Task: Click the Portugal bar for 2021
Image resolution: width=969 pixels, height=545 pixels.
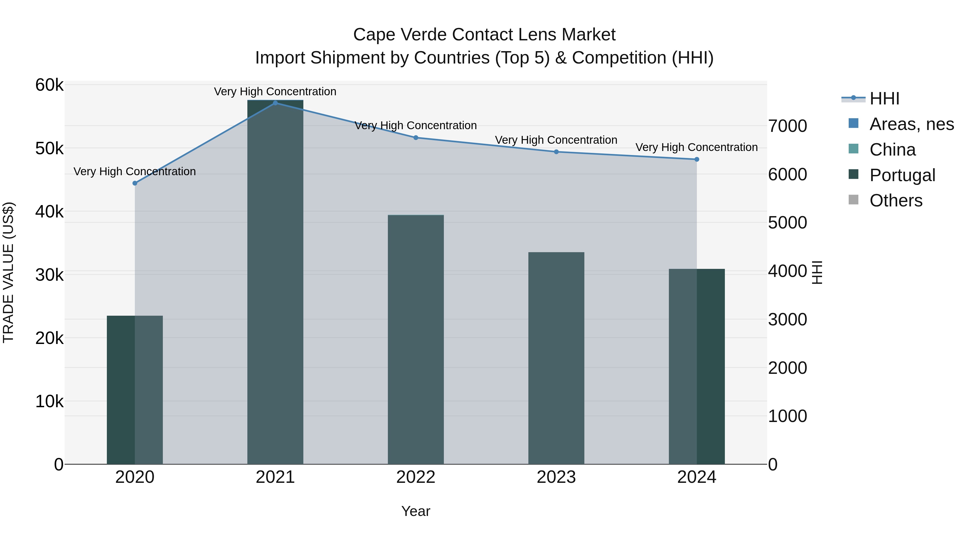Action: coord(275,282)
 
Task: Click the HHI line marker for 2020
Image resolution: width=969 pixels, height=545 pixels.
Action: coord(135,183)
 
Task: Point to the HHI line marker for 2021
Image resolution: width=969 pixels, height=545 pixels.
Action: coord(275,103)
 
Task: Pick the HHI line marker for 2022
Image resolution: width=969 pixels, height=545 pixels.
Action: coord(416,138)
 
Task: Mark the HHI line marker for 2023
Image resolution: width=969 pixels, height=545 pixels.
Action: coord(556,152)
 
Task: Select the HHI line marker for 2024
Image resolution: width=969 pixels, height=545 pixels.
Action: coord(696,160)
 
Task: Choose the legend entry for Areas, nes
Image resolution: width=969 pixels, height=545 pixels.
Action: coord(911,124)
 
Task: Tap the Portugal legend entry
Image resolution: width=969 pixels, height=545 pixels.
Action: coord(902,175)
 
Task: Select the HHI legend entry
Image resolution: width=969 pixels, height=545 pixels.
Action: coord(884,99)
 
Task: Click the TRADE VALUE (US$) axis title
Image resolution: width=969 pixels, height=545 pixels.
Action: coord(8,272)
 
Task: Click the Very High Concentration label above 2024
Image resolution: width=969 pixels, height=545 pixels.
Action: coord(696,147)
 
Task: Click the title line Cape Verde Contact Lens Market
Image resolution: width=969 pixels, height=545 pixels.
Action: coord(484,35)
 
